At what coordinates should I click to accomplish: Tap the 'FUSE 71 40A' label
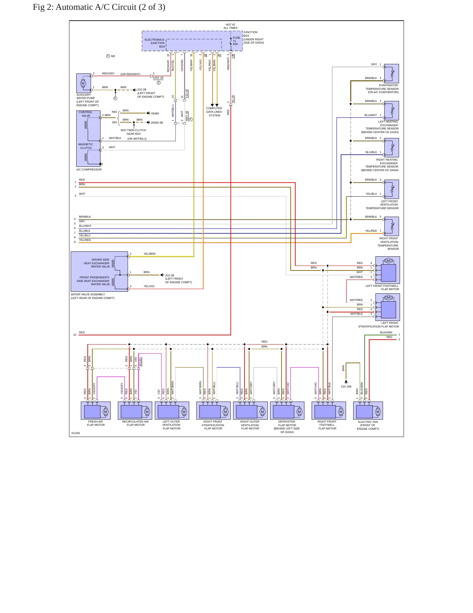coord(236,41)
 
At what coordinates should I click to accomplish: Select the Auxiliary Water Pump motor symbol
coord(83,83)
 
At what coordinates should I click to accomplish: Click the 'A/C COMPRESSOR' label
coord(89,169)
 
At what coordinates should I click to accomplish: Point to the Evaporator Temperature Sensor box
coord(391,73)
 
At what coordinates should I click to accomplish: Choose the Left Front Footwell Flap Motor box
coord(388,270)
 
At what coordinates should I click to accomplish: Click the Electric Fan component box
coord(368,410)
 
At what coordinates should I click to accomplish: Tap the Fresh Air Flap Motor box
coord(96,410)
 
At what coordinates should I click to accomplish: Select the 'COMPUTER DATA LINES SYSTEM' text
coord(214,112)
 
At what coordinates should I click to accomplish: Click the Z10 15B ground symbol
coord(346,382)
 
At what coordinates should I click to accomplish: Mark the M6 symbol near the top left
coord(108,56)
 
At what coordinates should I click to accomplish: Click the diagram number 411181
coord(76,433)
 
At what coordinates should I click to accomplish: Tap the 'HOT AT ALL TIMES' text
coord(230,26)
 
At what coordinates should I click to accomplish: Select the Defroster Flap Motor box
coord(287,410)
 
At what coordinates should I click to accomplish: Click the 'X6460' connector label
coord(155,113)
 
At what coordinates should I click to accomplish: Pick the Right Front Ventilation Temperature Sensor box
coord(391,226)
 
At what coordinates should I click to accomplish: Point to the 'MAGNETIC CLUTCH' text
coord(86,146)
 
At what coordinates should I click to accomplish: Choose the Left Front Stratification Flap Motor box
coord(388,307)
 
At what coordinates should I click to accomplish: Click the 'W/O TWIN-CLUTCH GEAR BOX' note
coord(134,132)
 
